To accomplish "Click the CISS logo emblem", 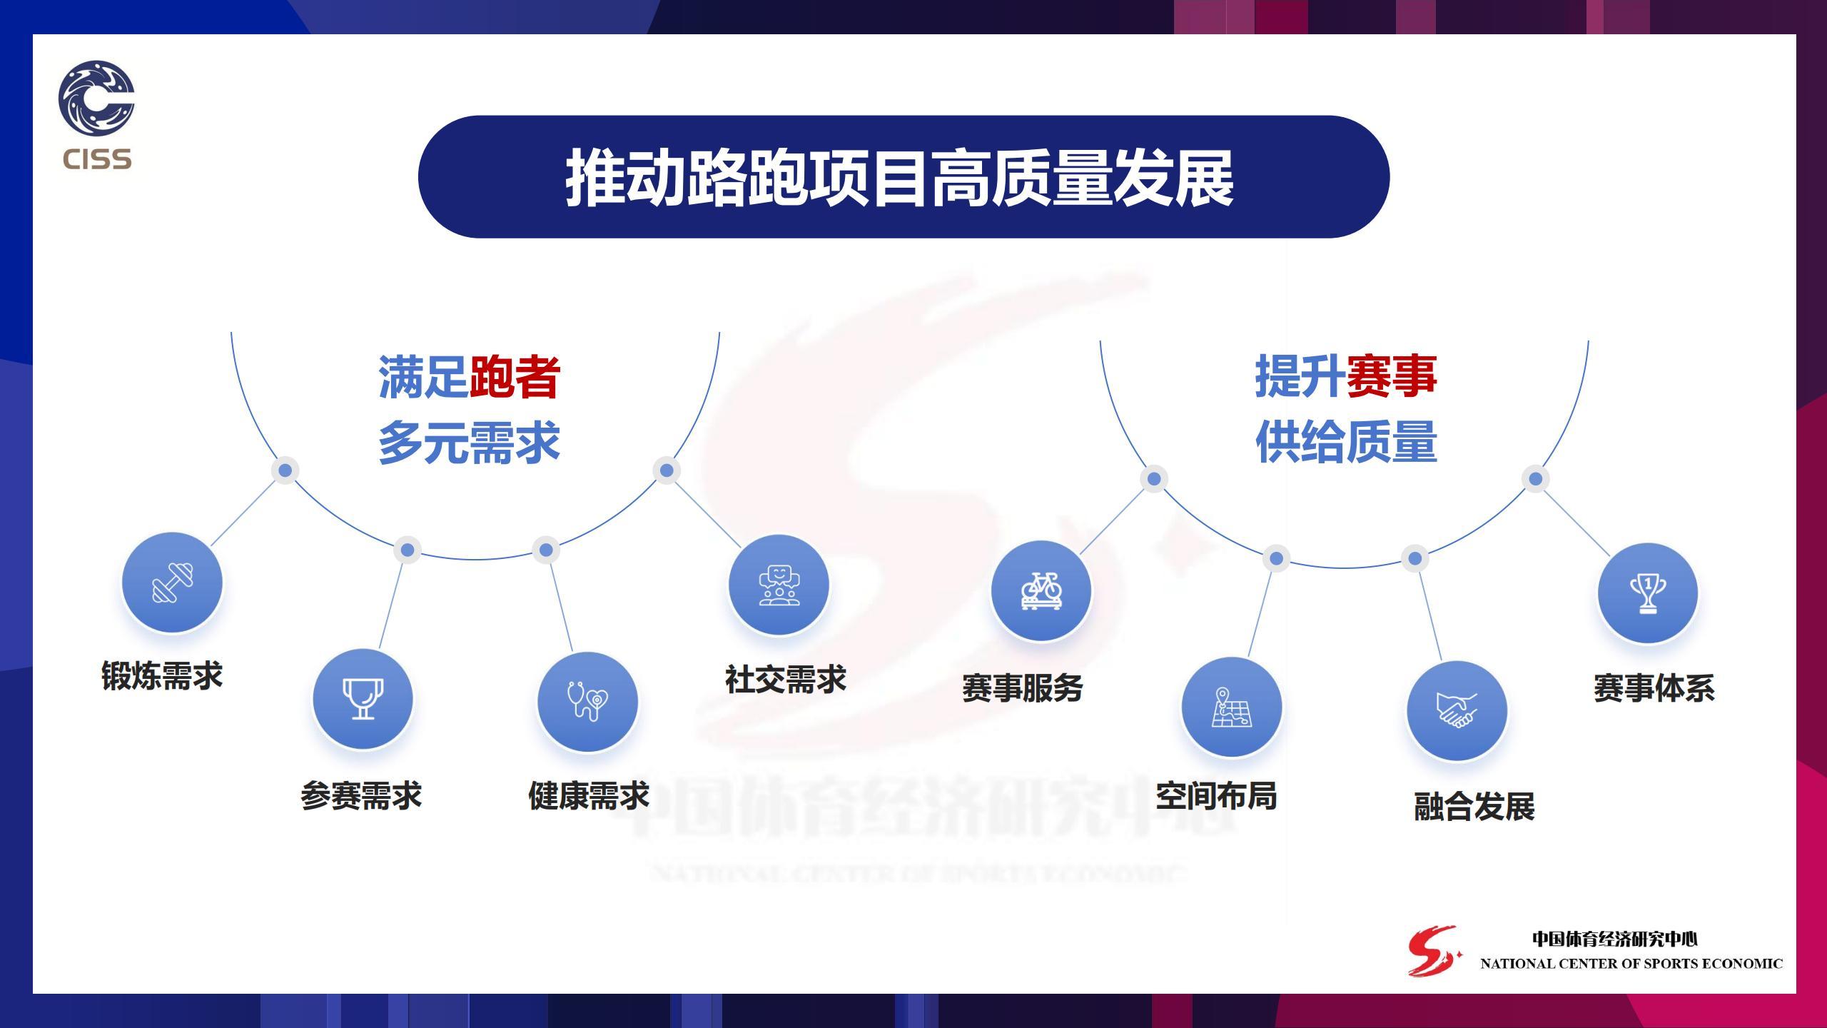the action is tap(96, 98).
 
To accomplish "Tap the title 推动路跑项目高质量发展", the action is tap(900, 178).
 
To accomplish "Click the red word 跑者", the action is tap(515, 376).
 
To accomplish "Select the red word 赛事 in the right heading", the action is tap(1392, 376).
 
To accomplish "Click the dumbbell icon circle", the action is tap(172, 582).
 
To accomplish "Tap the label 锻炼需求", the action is tap(162, 675).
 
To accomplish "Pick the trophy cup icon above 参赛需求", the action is tap(363, 699).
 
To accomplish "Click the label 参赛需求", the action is tap(361, 795).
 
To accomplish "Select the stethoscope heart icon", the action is tap(587, 702).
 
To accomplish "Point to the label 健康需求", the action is tap(589, 795).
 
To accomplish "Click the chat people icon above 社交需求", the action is tap(779, 585).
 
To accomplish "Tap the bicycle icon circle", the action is tap(1041, 590).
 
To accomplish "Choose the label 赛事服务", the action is tap(1023, 687).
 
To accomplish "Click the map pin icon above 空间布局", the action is tap(1232, 707).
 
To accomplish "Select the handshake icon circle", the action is tap(1457, 710).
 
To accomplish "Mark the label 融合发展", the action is tap(1474, 807).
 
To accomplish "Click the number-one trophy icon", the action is tap(1648, 593).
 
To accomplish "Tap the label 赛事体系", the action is tap(1654, 687).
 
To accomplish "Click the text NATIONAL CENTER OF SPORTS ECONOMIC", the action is tap(1631, 964).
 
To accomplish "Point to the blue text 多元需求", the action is tap(469, 443).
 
